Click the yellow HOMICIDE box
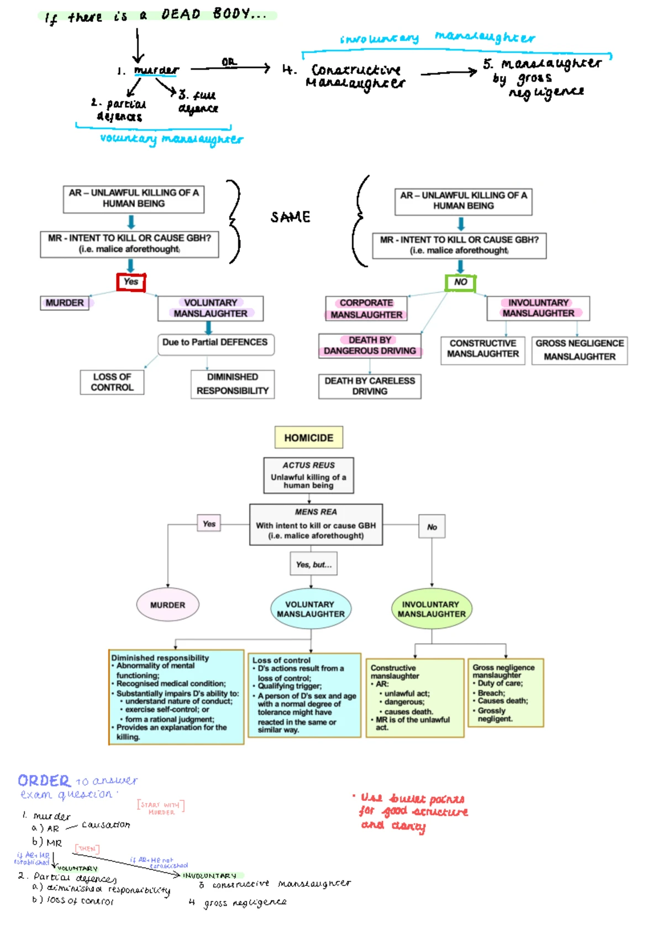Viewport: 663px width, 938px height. tap(308, 437)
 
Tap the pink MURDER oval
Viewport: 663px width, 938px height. tap(167, 605)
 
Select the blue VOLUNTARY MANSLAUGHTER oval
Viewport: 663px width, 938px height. tap(311, 609)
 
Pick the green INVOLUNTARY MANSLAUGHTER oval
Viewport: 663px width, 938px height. tap(431, 609)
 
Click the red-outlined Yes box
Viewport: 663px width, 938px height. tap(131, 282)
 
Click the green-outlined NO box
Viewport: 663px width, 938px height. tap(460, 282)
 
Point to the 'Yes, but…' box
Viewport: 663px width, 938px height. tap(313, 565)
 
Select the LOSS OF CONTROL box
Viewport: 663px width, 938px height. tap(112, 382)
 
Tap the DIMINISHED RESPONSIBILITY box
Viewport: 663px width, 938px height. tap(232, 384)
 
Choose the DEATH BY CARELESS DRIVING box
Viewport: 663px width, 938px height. tap(370, 386)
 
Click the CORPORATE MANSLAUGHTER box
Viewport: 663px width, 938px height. tap(366, 309)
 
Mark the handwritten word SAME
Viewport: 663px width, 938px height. tap(290, 217)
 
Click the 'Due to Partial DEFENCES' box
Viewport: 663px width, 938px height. tap(215, 343)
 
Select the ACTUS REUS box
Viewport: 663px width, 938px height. tap(308, 475)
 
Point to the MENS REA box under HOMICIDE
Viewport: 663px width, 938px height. tap(315, 524)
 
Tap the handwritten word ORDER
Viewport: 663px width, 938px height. tap(44, 781)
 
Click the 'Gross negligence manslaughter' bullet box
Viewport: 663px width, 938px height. tap(506, 692)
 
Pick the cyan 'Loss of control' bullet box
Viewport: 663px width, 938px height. tap(304, 695)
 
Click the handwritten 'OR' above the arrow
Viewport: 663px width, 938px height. tap(229, 62)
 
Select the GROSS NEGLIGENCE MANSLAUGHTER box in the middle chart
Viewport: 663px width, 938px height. tap(579, 350)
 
